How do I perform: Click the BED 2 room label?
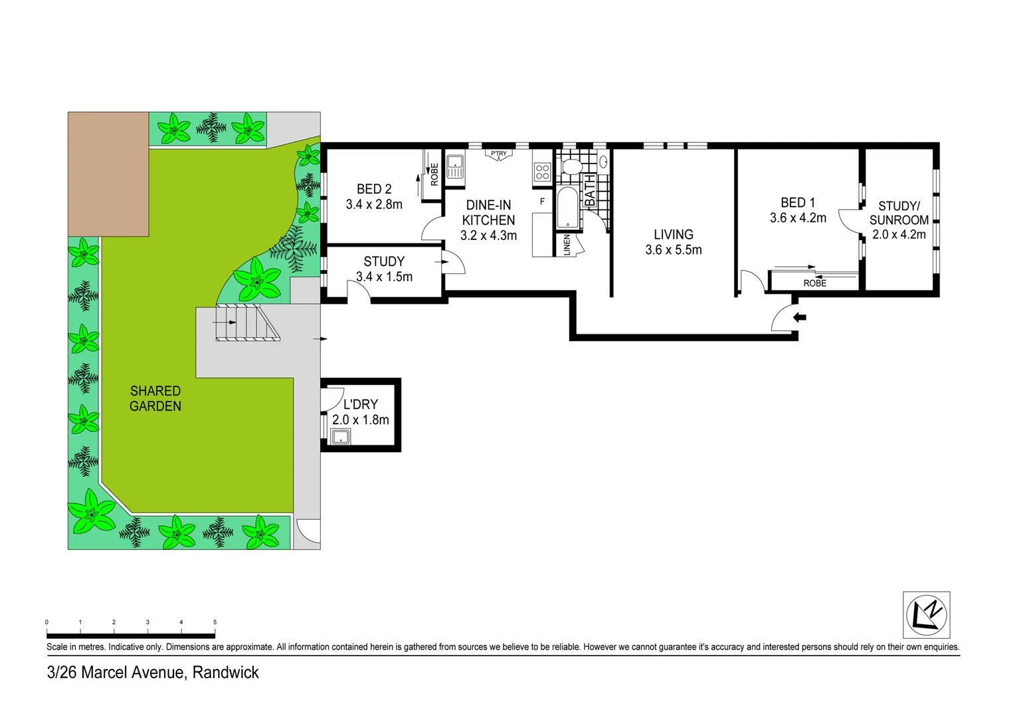click(x=374, y=189)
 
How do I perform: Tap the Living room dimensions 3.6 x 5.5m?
click(x=673, y=250)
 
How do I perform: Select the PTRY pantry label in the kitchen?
click(x=499, y=154)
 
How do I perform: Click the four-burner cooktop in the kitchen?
click(x=542, y=172)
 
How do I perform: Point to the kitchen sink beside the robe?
click(x=455, y=166)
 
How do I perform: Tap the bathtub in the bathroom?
click(x=568, y=208)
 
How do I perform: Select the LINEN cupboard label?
click(x=567, y=245)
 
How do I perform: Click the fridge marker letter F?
click(x=542, y=201)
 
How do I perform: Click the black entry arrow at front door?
click(x=800, y=318)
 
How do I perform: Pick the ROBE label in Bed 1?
click(x=814, y=283)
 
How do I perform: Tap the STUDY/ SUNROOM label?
click(x=899, y=213)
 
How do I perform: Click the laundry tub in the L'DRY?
click(x=341, y=437)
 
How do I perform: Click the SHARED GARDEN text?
click(x=155, y=398)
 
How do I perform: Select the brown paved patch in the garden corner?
click(x=108, y=174)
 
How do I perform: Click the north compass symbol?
click(x=926, y=615)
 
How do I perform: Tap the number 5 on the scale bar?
click(x=215, y=622)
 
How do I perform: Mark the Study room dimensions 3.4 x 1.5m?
click(x=384, y=277)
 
